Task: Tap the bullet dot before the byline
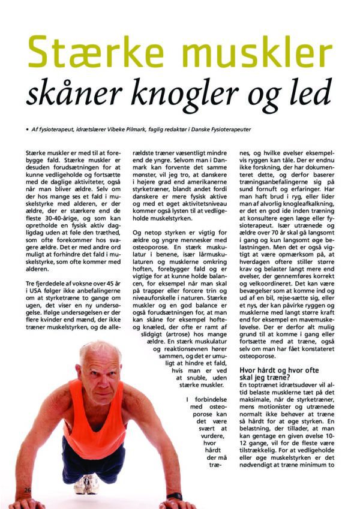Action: [27, 129]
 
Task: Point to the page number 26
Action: [28, 490]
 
